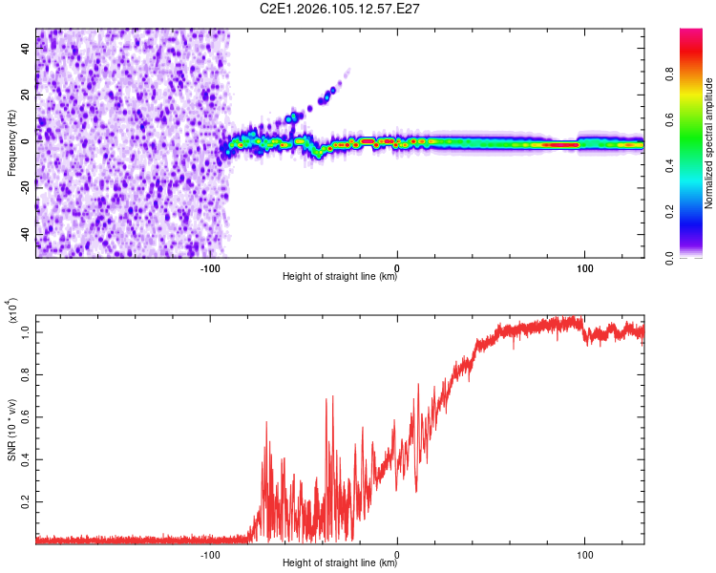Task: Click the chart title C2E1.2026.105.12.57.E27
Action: point(341,9)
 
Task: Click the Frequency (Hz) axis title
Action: point(11,143)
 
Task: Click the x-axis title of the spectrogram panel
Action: point(340,277)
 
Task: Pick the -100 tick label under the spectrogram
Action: point(211,267)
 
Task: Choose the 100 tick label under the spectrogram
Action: point(583,267)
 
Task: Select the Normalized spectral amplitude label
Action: point(709,143)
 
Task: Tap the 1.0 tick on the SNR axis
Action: point(26,330)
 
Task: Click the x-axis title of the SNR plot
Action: point(340,563)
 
